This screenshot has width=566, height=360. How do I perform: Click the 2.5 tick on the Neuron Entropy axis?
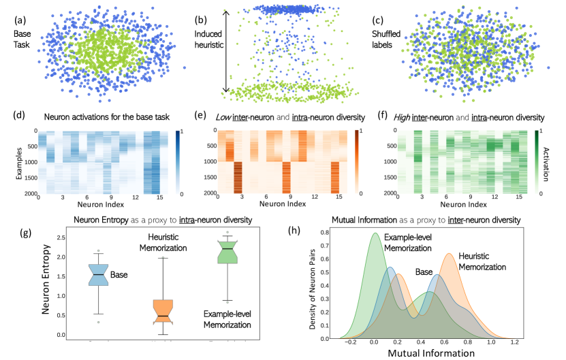click(63, 237)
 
